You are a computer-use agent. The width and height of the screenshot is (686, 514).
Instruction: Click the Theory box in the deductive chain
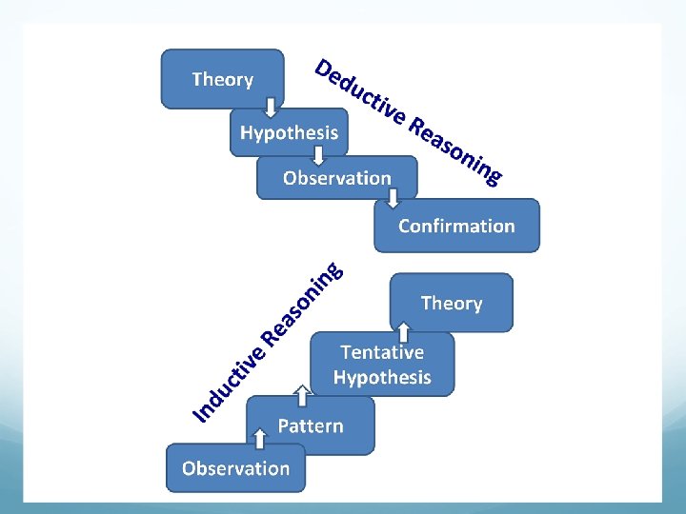pos(222,79)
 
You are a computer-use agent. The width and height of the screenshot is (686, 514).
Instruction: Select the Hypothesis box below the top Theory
pos(289,132)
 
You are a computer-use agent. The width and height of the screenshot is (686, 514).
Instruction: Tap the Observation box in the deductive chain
pos(336,178)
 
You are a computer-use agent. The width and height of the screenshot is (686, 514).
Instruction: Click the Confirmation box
pos(456,226)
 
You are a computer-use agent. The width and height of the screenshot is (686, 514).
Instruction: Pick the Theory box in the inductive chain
pos(452,303)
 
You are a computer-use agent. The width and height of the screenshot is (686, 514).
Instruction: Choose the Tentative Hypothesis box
pos(382,364)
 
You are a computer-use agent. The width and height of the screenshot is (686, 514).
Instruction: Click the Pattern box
pos(311,425)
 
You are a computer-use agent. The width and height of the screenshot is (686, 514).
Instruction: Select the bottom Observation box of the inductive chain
pos(235,467)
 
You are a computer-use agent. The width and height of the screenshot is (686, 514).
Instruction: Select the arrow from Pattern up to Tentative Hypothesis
pos(301,392)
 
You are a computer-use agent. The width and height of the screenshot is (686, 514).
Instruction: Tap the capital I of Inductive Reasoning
pos(200,411)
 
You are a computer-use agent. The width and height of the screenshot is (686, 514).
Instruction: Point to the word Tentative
pos(382,352)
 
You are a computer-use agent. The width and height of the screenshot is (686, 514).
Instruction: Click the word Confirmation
pos(456,226)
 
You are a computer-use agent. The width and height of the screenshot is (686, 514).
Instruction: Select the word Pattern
pos(311,425)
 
